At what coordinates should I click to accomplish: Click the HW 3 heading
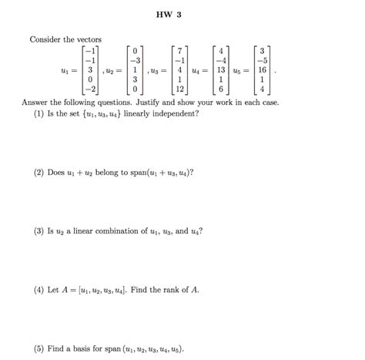point(182,15)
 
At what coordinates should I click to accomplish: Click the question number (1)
point(40,113)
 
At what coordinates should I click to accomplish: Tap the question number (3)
point(40,230)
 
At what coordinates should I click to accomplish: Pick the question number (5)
point(40,347)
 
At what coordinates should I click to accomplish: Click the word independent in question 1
point(179,113)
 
